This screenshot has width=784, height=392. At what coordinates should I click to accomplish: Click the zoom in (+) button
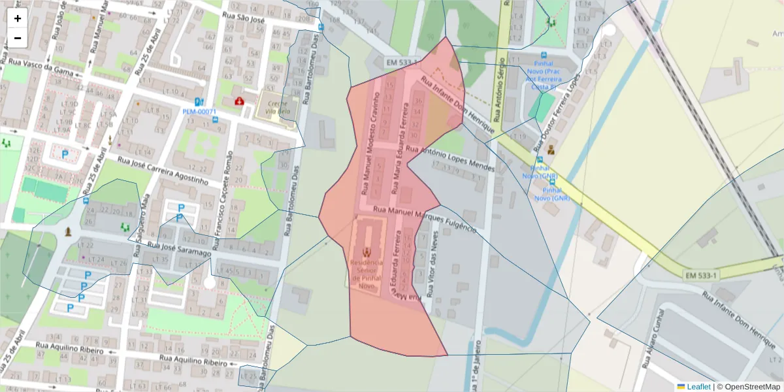[x=18, y=18]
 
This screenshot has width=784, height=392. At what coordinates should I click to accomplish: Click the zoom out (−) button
[x=18, y=38]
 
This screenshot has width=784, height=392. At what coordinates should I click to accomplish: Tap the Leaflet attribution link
[x=698, y=387]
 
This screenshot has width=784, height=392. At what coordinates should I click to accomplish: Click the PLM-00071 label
[x=199, y=112]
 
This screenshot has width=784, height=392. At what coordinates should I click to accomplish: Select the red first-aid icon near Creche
[x=239, y=101]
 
